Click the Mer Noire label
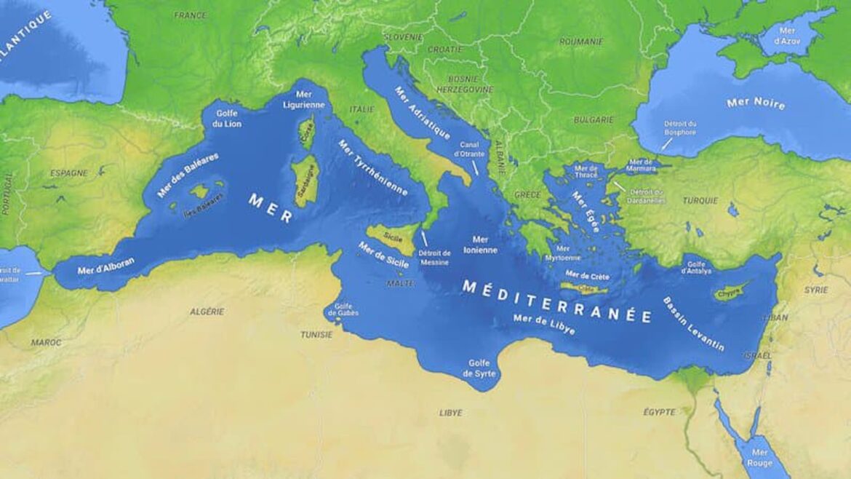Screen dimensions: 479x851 click(x=756, y=103)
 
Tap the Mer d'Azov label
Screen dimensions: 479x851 click(x=786, y=36)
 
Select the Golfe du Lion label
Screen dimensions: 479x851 click(x=227, y=119)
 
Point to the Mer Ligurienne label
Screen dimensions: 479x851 click(x=304, y=100)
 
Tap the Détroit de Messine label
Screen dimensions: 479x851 click(x=434, y=258)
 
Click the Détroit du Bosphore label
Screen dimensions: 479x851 click(x=679, y=128)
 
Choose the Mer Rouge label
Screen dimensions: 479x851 click(x=759, y=456)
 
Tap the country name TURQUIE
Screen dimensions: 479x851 click(x=700, y=200)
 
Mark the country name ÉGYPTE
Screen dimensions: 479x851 click(x=659, y=412)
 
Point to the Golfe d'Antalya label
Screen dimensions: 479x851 click(x=695, y=267)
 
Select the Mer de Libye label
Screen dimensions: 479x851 click(x=543, y=324)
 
